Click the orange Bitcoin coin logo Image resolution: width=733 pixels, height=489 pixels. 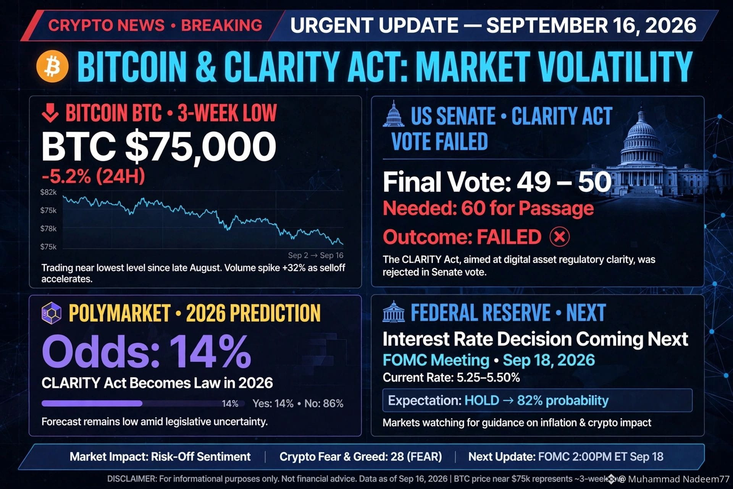pyautogui.click(x=52, y=66)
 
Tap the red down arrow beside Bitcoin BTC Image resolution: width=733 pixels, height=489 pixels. pyautogui.click(x=50, y=113)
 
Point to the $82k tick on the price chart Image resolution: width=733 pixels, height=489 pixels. pyautogui.click(x=48, y=192)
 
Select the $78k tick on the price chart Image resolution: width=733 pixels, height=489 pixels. pyautogui.click(x=48, y=228)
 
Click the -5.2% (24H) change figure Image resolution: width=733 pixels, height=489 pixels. pyautogui.click(x=94, y=176)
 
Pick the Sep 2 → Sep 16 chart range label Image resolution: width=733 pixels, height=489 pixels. pyautogui.click(x=316, y=255)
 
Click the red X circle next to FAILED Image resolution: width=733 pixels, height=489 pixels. pyautogui.click(x=560, y=237)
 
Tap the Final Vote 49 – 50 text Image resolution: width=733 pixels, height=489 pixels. pyautogui.click(x=497, y=182)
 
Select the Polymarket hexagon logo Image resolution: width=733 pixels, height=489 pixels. pyautogui.click(x=51, y=313)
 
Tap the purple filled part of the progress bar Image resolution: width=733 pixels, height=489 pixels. pyautogui.click(x=92, y=403)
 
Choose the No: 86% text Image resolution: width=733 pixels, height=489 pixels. pyautogui.click(x=324, y=403)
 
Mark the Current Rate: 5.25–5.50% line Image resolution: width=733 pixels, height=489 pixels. pyautogui.click(x=451, y=377)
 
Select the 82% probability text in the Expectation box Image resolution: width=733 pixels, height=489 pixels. pyautogui.click(x=563, y=400)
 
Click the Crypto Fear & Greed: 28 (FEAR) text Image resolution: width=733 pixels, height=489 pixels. pyautogui.click(x=360, y=457)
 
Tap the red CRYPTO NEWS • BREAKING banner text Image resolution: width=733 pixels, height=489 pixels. pyautogui.click(x=155, y=26)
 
